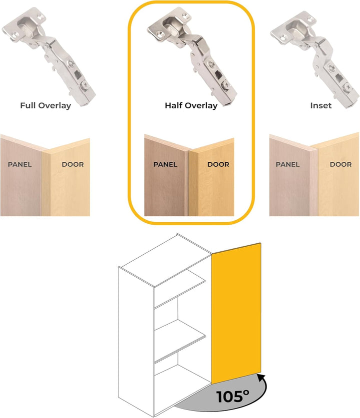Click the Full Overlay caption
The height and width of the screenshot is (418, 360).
45,105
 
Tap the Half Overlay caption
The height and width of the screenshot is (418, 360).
191,105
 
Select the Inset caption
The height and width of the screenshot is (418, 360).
321,105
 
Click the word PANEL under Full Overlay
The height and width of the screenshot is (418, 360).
19,164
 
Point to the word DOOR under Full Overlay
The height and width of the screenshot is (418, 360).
73,164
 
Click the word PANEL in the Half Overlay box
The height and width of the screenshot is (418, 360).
165,164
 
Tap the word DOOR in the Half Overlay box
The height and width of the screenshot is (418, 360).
218,164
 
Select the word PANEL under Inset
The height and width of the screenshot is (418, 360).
287,164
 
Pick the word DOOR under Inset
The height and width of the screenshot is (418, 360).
341,164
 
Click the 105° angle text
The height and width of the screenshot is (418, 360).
232,397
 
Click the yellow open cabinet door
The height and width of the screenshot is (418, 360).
236,313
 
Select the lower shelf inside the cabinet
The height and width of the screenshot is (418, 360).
179,342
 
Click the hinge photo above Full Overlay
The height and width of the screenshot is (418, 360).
49,56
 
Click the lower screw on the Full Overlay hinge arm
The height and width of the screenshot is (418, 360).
85,85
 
